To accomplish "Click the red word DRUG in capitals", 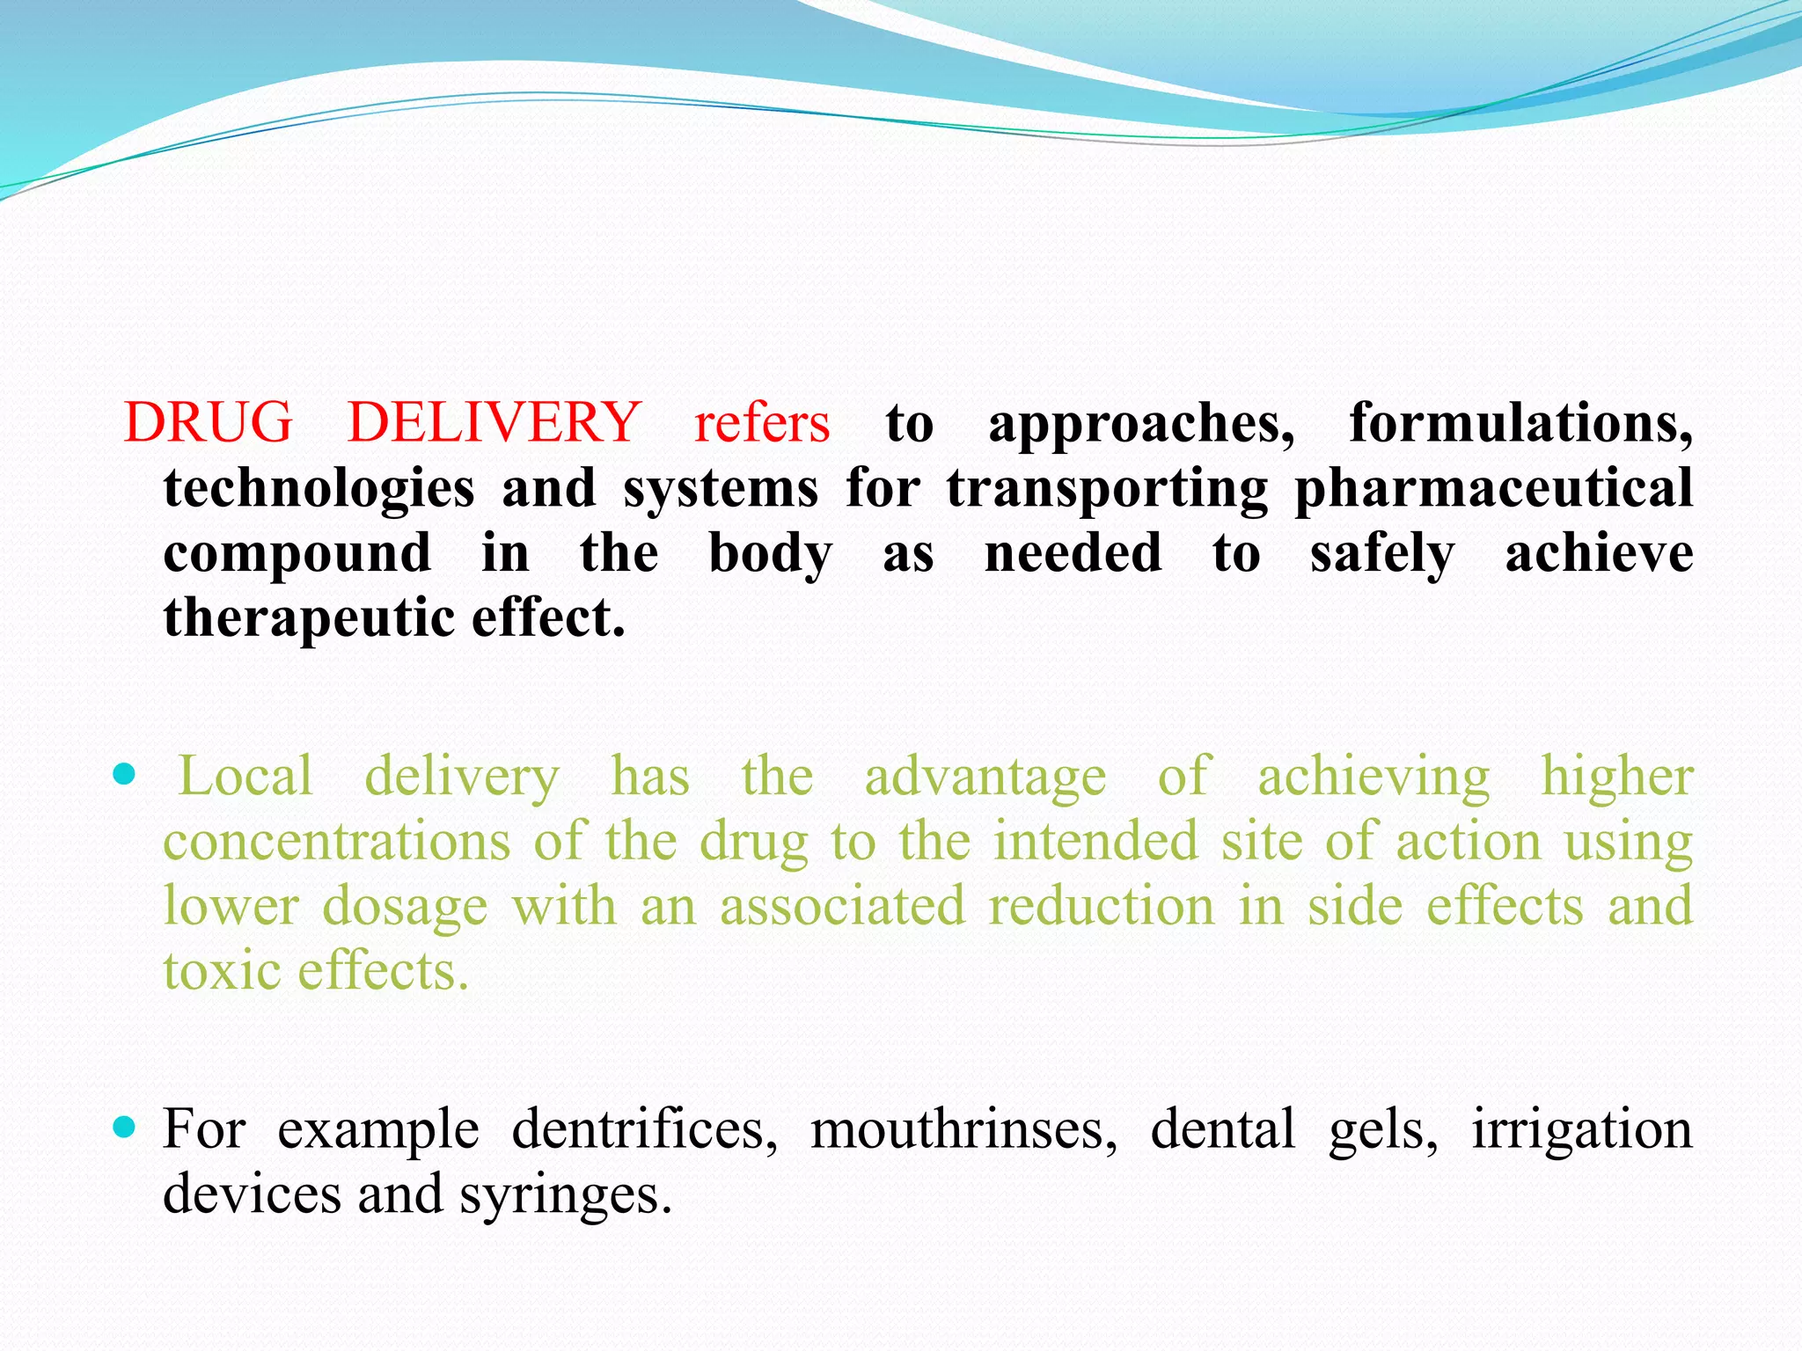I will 208,422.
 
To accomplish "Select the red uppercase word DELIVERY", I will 494,422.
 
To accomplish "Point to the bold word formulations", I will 1520,424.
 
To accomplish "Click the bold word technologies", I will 319,489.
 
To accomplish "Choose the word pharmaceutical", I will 1493,489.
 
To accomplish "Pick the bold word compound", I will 297,553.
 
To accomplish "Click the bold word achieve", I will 1599,553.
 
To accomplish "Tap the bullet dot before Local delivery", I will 125,774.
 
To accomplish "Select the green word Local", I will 245,776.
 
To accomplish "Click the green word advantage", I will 985,778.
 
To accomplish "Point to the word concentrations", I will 337,841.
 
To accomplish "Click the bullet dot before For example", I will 125,1127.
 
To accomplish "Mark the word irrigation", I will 1582,1129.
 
